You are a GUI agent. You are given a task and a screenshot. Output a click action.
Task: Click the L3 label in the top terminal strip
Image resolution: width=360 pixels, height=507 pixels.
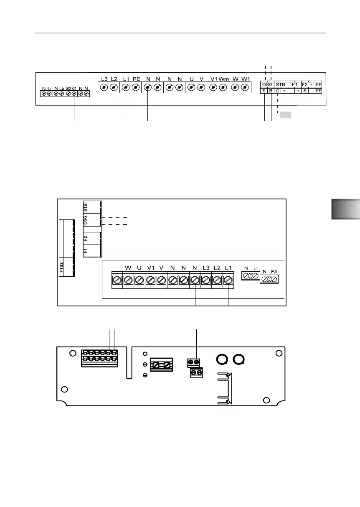tap(104, 79)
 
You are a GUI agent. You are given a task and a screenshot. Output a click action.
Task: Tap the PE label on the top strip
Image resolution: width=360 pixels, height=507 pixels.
tap(137, 79)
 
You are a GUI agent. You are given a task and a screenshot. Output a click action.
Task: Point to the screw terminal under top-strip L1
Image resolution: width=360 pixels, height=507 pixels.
tap(126, 87)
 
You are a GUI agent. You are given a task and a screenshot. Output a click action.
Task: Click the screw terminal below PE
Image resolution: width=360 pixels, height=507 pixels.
tap(136, 87)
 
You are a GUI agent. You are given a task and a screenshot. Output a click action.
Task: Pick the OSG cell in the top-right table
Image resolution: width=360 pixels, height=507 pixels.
tap(267, 84)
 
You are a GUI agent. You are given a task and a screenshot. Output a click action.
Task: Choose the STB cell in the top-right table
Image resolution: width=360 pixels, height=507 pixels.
tap(280, 84)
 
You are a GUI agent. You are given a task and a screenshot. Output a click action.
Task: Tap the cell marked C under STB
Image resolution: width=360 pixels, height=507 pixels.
tap(277, 90)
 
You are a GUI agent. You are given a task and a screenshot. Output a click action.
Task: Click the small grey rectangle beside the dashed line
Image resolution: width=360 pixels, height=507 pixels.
tap(285, 115)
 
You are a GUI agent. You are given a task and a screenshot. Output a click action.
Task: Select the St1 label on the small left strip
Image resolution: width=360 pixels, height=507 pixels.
tap(74, 88)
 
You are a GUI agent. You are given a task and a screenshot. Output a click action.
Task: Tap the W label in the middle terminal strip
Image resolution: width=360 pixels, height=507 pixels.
tap(128, 267)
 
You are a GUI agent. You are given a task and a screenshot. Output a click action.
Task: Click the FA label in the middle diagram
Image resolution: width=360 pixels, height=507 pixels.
tap(274, 272)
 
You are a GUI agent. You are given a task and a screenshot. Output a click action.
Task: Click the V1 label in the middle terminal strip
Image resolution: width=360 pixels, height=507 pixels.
tap(151, 267)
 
